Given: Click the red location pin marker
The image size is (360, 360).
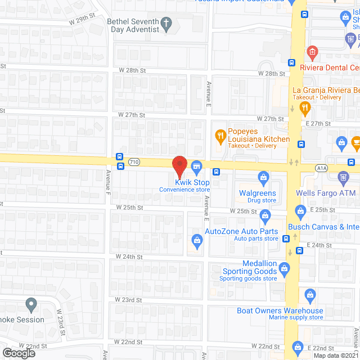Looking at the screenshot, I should click(179, 165).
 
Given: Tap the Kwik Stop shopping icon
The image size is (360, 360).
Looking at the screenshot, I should click(196, 166).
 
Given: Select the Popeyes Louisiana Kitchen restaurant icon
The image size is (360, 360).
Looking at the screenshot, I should click(220, 135).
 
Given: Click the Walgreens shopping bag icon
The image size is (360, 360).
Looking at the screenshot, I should click(263, 178).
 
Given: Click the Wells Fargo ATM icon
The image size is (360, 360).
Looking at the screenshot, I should click(344, 178).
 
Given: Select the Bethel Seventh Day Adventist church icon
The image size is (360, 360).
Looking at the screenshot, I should click(166, 23).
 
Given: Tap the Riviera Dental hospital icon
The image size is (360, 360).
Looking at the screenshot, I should click(311, 53).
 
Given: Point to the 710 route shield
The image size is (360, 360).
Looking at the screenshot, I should click(134, 162).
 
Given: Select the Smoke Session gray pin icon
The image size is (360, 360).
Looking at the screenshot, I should click(31, 305).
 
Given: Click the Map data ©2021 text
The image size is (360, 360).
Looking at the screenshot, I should click(336, 355).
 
